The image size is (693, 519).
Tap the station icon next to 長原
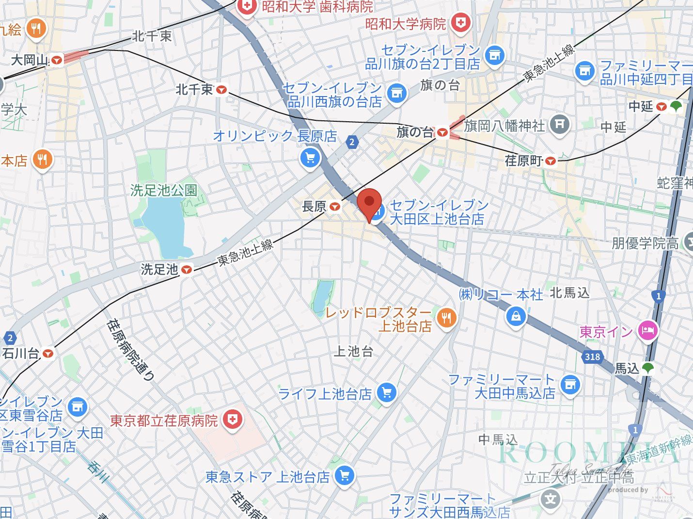pos(334,207)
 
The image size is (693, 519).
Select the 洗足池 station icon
pos(187,270)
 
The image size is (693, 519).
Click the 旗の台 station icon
pos(441,132)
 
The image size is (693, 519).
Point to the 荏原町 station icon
pos(550,161)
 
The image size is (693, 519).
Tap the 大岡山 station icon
pos(57,61)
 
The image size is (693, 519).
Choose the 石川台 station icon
pos(47,354)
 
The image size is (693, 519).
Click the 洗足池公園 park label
pos(164,190)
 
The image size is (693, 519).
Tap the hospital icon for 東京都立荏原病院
pos(233,419)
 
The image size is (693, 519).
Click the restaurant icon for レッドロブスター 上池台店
pos(446,318)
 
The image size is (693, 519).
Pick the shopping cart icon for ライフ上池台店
pos(386,392)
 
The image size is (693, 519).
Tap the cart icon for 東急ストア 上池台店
pos(344,475)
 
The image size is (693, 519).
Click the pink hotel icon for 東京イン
pos(648,332)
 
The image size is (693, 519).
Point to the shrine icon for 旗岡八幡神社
pos(559,124)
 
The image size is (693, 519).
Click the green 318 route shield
pos(592,357)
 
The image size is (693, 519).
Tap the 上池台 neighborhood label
pos(353,352)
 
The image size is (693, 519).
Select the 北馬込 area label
pos(569,293)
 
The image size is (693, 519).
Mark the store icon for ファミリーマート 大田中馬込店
pos(570,385)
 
